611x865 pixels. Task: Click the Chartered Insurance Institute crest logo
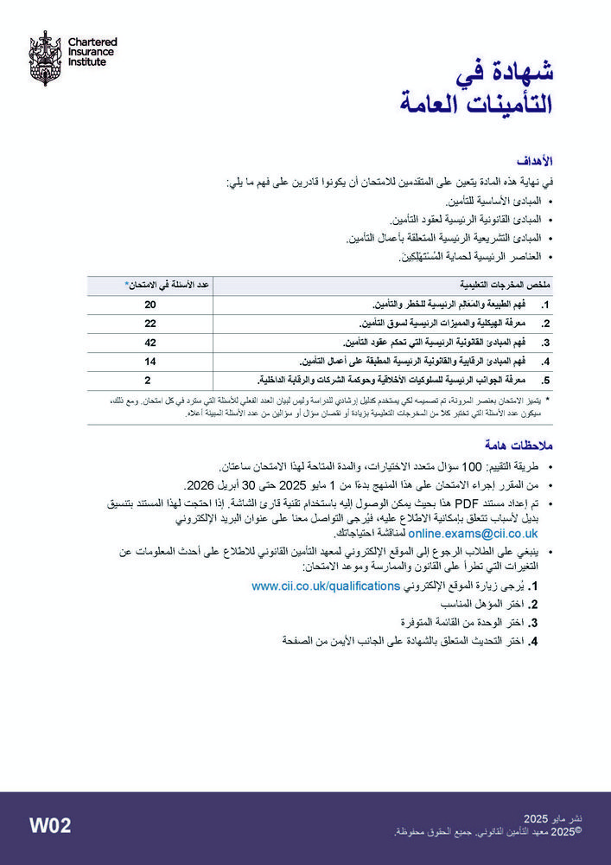43,58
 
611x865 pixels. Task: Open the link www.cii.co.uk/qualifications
327,586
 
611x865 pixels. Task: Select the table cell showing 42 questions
150,342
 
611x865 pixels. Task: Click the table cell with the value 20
150,304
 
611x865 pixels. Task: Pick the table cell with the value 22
150,323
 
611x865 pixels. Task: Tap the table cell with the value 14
150,360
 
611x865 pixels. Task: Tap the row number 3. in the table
546,343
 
